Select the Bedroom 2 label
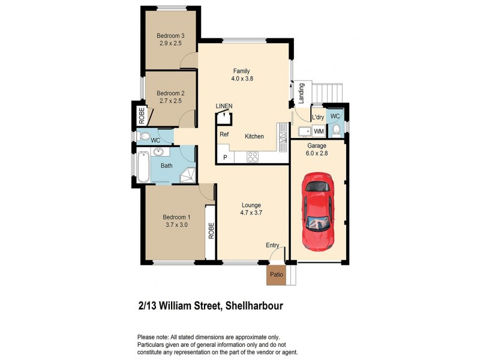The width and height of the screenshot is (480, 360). pos(170,97)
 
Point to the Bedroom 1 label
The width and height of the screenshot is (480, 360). pos(176,221)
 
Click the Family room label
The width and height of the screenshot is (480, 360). pos(241,75)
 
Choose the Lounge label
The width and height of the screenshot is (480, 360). pos(251,209)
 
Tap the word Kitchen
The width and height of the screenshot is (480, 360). pos(254,137)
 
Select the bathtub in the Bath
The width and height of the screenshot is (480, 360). pos(143,167)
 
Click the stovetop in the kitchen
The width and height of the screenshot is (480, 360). pos(253,157)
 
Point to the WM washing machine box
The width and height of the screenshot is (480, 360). pos(319,131)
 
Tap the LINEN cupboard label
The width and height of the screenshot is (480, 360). pos(224,107)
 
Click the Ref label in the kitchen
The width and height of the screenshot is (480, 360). pos(224,134)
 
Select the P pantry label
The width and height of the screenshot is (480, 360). pos(225,157)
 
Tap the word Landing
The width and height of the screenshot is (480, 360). pos(302,93)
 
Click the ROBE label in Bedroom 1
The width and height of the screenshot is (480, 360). pos(211,231)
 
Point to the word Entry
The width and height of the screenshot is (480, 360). pos(273,245)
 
